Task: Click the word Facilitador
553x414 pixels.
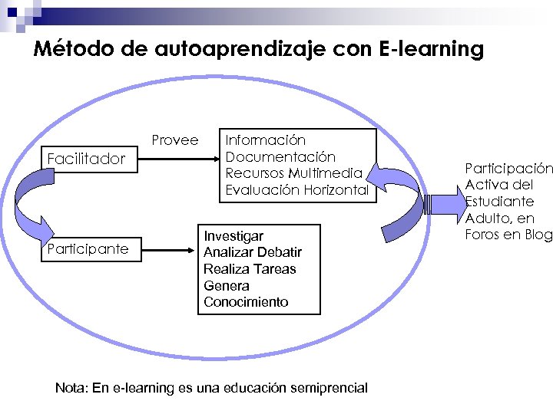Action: pyautogui.click(x=86, y=159)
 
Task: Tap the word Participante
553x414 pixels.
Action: pyautogui.click(x=88, y=249)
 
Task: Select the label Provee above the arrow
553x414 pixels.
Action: pyautogui.click(x=174, y=140)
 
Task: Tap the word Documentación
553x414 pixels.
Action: pyautogui.click(x=280, y=156)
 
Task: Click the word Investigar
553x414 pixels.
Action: pyautogui.click(x=233, y=236)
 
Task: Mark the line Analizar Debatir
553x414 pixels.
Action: pyautogui.click(x=253, y=252)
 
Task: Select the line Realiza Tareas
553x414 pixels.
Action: pyautogui.click(x=250, y=269)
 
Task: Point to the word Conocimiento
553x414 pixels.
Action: pyautogui.click(x=246, y=302)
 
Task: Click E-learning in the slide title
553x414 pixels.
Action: pyautogui.click(x=432, y=50)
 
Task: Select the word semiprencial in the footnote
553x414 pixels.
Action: pyautogui.click(x=326, y=388)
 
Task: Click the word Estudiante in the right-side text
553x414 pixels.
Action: pyautogui.click(x=499, y=202)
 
